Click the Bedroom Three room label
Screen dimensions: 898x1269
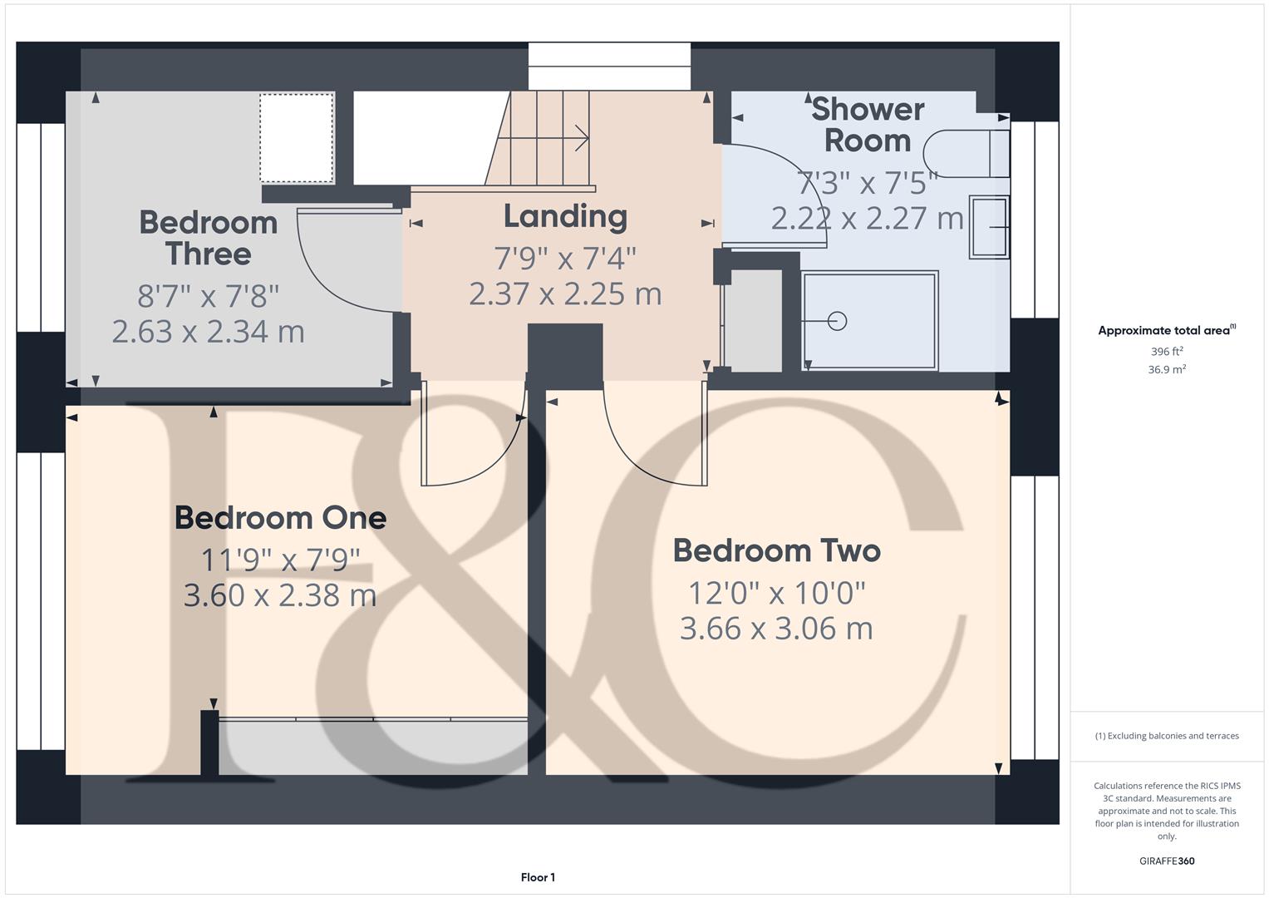pyautogui.click(x=208, y=238)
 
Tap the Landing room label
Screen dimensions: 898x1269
pyautogui.click(x=565, y=216)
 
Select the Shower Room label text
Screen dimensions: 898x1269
pyautogui.click(x=867, y=125)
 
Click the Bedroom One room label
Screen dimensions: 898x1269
pyautogui.click(x=280, y=518)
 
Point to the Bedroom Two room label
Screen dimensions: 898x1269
pyautogui.click(x=776, y=550)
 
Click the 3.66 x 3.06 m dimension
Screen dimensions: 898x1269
pyautogui.click(x=776, y=629)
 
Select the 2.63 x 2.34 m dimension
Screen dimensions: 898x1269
pyautogui.click(x=208, y=332)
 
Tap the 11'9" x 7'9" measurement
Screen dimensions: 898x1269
pyautogui.click(x=280, y=560)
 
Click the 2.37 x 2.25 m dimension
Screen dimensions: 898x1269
pyautogui.click(x=565, y=294)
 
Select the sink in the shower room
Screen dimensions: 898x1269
pyautogui.click(x=989, y=227)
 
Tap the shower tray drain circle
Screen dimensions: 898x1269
pyautogui.click(x=837, y=320)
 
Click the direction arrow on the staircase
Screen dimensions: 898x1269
pyautogui.click(x=578, y=138)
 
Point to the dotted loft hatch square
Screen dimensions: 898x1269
pyautogui.click(x=296, y=138)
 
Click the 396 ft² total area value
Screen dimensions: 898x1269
pyautogui.click(x=1166, y=352)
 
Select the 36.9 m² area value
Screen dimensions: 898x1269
pyautogui.click(x=1166, y=370)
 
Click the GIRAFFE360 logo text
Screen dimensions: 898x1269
pyautogui.click(x=1166, y=861)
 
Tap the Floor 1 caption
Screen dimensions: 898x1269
pyautogui.click(x=538, y=877)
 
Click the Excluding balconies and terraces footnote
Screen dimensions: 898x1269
pyautogui.click(x=1166, y=736)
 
